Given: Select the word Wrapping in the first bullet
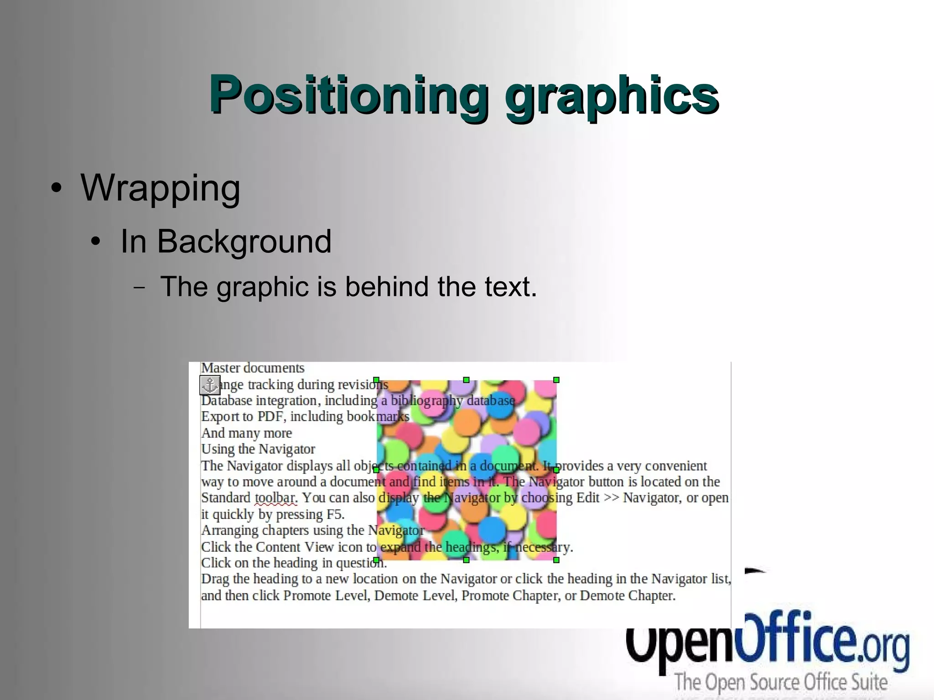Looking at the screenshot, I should [x=160, y=188].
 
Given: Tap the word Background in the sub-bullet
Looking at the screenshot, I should [x=244, y=241].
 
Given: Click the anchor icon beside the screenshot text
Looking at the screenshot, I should [x=210, y=385].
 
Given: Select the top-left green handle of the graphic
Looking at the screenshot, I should [x=377, y=380].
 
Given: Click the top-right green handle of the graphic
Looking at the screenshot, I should [x=556, y=380].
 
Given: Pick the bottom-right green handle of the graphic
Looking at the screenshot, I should [x=556, y=560].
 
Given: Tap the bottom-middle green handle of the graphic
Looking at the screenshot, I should [x=466, y=560].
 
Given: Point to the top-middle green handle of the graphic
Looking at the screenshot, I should [x=466, y=380].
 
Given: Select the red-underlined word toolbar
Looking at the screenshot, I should [x=276, y=498].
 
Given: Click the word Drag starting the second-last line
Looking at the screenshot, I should [x=215, y=579].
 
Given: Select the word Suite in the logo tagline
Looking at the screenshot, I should [x=869, y=682].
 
